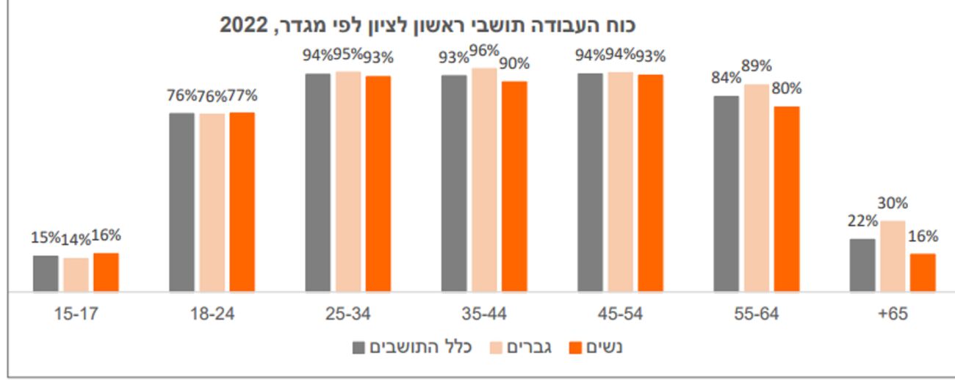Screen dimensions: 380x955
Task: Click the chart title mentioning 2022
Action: (428, 25)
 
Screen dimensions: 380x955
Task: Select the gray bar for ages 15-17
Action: (46, 273)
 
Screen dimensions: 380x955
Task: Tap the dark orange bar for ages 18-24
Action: (242, 202)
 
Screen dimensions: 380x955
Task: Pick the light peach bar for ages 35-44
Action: (484, 180)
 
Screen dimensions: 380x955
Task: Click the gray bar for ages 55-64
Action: (726, 194)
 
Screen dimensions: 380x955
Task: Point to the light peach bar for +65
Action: (893, 257)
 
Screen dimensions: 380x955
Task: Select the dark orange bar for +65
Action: (923, 273)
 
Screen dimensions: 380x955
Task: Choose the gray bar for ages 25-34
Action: (318, 182)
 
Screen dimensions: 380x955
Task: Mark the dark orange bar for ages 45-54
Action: (650, 183)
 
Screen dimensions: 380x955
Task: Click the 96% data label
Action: (484, 51)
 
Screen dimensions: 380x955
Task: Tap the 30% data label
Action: (893, 204)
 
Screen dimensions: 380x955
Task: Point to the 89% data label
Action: (757, 66)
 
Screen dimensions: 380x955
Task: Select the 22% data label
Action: (862, 221)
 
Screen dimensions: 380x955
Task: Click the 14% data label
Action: (76, 239)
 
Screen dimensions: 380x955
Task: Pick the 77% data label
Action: (242, 96)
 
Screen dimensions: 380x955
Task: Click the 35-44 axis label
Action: (483, 314)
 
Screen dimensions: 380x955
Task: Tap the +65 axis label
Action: (892, 314)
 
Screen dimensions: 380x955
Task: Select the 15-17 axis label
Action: (76, 314)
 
